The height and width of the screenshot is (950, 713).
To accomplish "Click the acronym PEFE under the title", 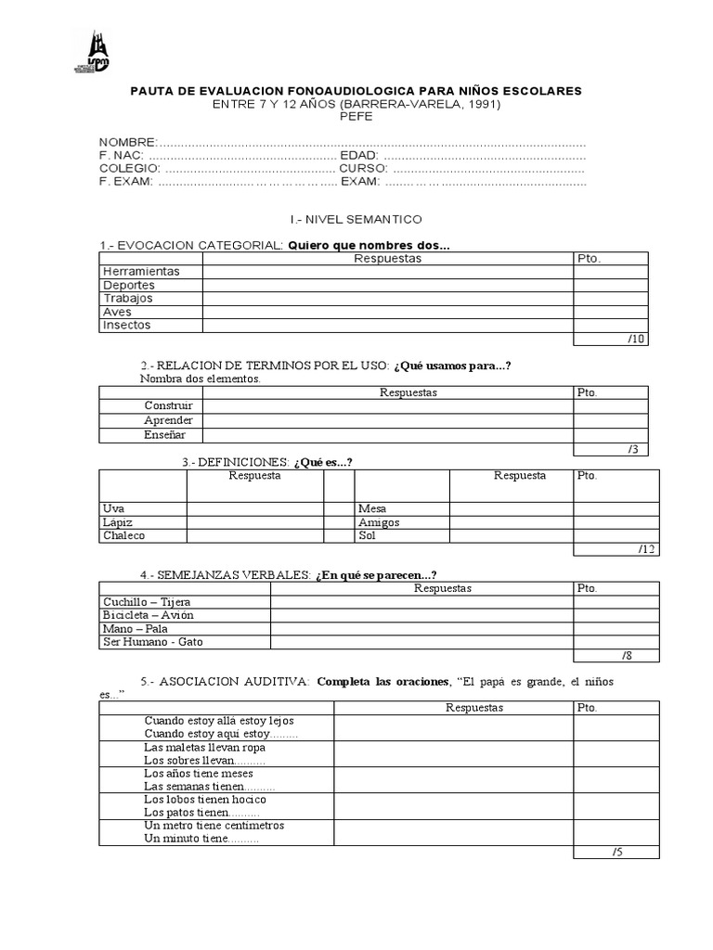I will coord(356,117).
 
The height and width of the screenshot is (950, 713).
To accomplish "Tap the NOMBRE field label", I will coord(127,142).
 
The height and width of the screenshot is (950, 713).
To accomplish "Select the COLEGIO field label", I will coord(129,169).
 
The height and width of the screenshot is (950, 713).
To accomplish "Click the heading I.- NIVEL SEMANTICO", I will coord(356,220).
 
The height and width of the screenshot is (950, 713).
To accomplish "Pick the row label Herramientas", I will coord(141,272).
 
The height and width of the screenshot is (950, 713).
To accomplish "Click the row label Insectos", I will coord(126,326).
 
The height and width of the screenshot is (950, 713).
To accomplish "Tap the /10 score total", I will coord(636,340).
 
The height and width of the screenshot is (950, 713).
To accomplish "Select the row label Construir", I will coord(169,406).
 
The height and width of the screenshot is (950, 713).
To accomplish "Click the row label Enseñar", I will coord(165,434).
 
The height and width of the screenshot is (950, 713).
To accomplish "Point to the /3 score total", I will coord(633,450).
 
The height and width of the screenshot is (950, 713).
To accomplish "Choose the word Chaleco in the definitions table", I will coord(124,535).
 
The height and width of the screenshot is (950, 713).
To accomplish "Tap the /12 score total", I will coord(647,549).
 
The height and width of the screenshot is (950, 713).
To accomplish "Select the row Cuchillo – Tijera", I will coord(148,602).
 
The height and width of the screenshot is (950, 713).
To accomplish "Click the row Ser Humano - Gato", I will coord(153,642).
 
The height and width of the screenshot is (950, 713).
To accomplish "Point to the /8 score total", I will coord(629,656).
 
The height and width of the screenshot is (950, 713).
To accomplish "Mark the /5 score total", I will coord(617,853).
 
